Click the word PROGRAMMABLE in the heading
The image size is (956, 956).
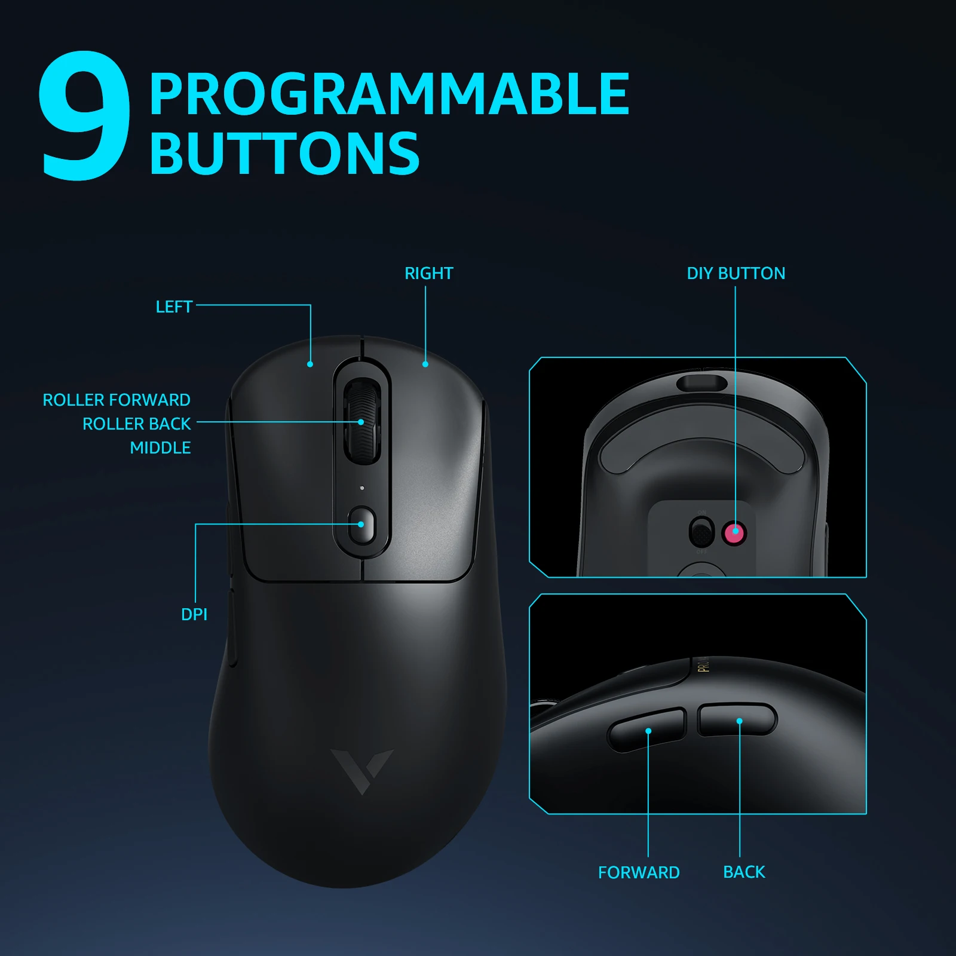tap(389, 94)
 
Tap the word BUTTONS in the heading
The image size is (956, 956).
tap(284, 154)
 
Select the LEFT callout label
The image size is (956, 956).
tap(174, 307)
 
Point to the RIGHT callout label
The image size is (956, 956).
tap(428, 274)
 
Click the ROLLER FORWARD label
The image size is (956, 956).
tap(117, 400)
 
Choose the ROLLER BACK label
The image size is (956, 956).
tap(136, 424)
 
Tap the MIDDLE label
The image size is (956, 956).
tap(160, 448)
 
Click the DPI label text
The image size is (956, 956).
tap(194, 614)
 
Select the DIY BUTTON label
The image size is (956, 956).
tap(736, 274)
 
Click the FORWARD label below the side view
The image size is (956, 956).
tap(639, 872)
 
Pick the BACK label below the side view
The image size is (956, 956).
tap(744, 872)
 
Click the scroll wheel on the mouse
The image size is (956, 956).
tap(361, 421)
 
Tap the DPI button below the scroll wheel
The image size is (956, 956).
tap(361, 525)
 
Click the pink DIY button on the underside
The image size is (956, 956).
tap(734, 532)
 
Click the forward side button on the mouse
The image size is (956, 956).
tap(646, 730)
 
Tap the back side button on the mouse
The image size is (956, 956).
tap(738, 719)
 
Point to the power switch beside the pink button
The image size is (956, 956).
tap(701, 532)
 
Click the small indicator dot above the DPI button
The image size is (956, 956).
tap(362, 488)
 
